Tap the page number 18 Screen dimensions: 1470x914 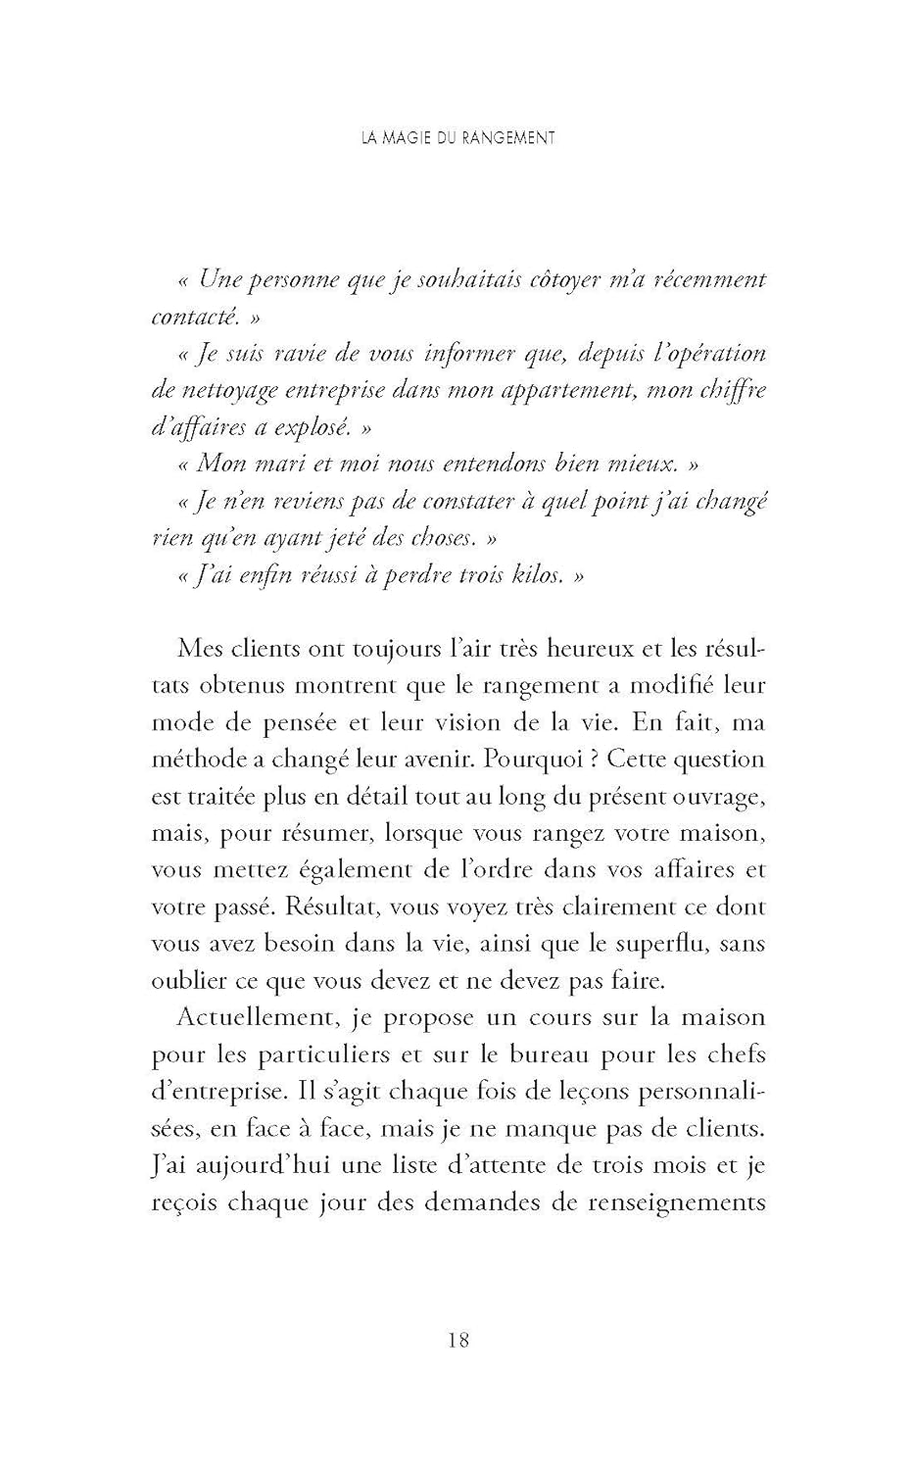click(457, 1339)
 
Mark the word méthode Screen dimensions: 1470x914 click(196, 759)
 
